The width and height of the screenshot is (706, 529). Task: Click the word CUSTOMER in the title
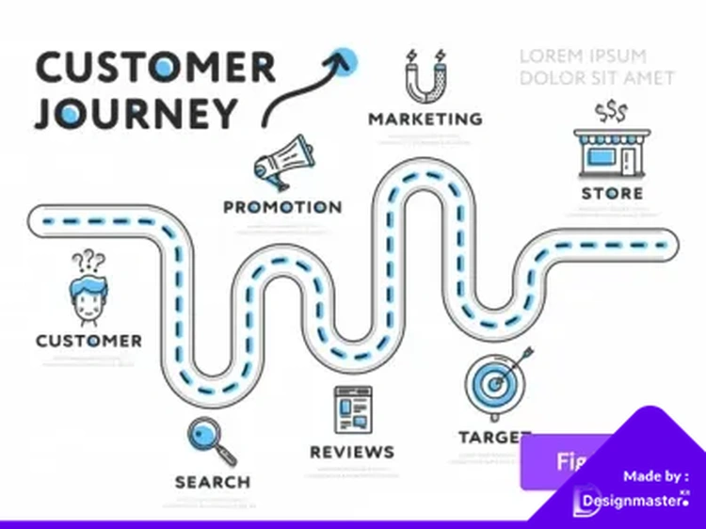click(x=155, y=67)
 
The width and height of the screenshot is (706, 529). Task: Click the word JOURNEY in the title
click(x=136, y=113)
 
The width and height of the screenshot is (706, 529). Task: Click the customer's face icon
click(x=89, y=300)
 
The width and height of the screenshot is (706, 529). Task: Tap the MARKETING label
click(x=425, y=120)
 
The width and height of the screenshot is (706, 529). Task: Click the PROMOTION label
click(x=282, y=206)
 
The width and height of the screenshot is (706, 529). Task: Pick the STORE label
click(x=612, y=194)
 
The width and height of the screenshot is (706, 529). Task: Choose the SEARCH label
click(x=213, y=482)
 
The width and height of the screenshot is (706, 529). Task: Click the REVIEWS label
click(x=352, y=452)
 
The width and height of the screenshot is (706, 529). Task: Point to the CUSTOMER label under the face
click(x=89, y=341)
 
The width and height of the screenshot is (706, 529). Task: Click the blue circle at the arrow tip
click(x=347, y=57)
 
